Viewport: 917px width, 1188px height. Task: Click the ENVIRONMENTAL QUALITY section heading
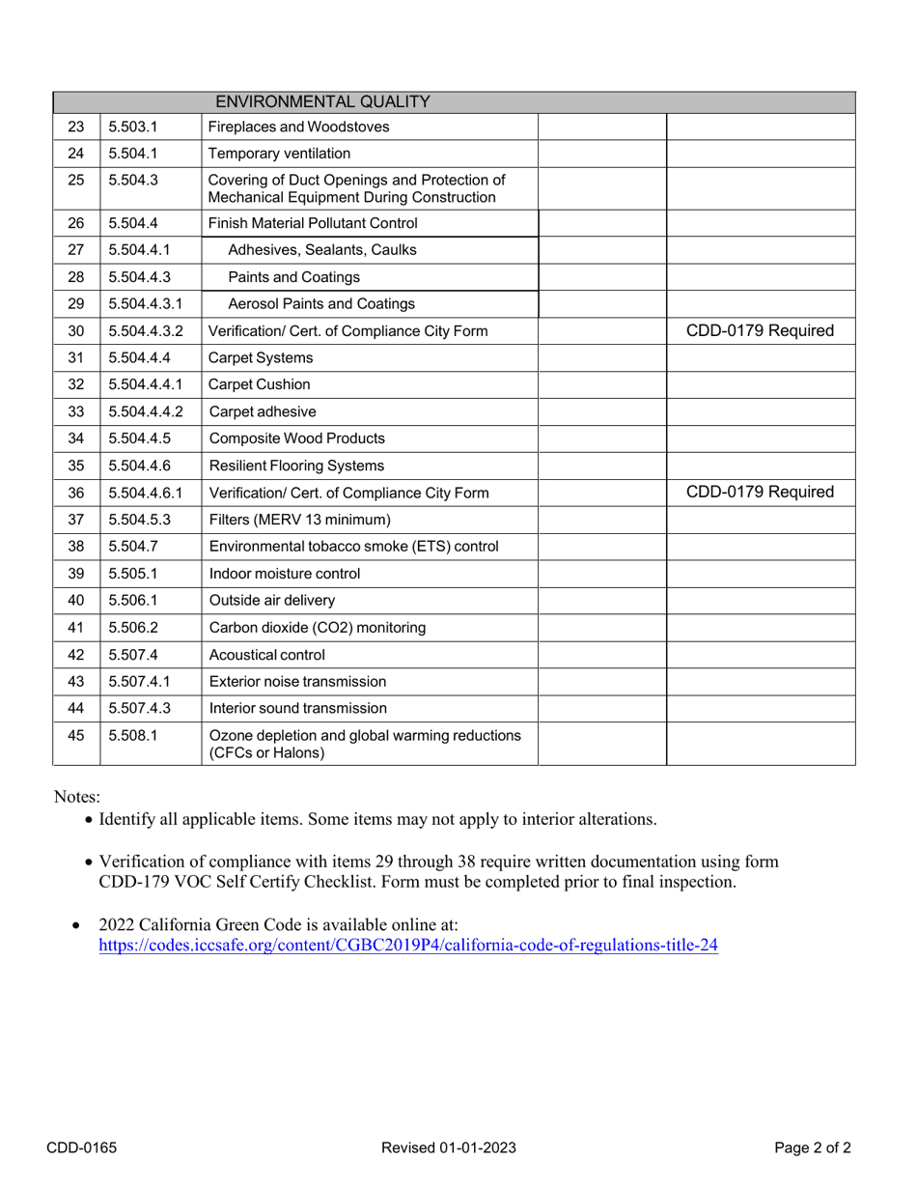[321, 101]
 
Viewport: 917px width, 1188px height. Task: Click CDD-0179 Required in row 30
[760, 331]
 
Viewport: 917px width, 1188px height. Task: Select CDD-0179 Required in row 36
[760, 493]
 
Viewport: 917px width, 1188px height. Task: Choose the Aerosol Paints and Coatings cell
[321, 304]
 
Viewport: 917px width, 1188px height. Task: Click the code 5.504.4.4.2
[145, 411]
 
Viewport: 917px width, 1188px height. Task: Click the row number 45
[76, 735]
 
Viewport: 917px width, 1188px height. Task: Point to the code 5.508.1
[133, 735]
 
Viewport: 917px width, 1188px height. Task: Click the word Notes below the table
[76, 797]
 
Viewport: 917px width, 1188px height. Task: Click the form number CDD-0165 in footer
[82, 1147]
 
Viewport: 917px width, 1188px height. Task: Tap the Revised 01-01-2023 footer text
[449, 1147]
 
